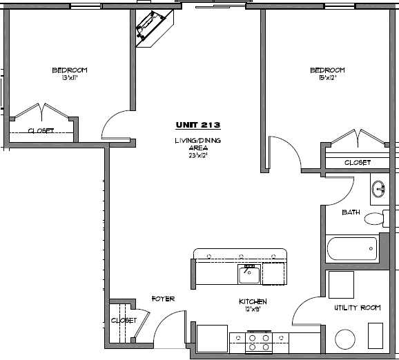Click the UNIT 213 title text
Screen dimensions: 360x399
(x=197, y=126)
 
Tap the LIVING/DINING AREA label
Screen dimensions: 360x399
(x=198, y=148)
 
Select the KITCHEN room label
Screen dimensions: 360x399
(x=253, y=306)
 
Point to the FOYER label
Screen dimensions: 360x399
(x=163, y=299)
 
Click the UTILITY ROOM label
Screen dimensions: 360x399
(x=358, y=308)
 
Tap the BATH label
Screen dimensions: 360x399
(x=351, y=212)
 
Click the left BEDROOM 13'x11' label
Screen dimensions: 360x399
(x=69, y=74)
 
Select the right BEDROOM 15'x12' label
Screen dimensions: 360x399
(x=327, y=74)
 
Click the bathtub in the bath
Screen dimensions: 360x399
(x=352, y=248)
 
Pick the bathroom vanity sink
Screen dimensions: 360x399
(x=378, y=188)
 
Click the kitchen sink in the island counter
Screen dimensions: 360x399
(x=249, y=274)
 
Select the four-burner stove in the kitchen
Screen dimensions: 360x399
(x=259, y=341)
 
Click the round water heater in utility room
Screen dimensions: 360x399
(x=344, y=339)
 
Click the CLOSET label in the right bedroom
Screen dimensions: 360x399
(x=357, y=163)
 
